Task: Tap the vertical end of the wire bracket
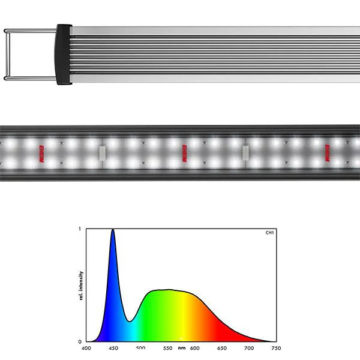point(5,54)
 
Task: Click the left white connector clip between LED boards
point(102,152)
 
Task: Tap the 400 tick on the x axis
point(86,348)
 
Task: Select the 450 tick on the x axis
point(113,348)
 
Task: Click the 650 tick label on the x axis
point(222,348)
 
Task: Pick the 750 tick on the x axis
point(276,348)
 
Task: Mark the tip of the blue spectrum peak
point(112,230)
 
